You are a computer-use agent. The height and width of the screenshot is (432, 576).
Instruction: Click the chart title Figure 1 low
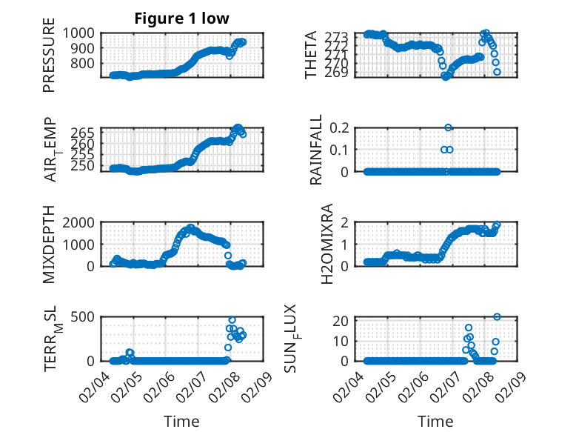[x=181, y=19]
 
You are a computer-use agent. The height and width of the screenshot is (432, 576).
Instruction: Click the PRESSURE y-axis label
[x=49, y=59]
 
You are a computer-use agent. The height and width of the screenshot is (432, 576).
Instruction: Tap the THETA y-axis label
[x=311, y=55]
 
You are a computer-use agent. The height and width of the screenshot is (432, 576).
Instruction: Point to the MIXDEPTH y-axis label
[x=49, y=244]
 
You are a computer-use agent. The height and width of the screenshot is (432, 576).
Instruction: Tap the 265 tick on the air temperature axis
[x=83, y=133]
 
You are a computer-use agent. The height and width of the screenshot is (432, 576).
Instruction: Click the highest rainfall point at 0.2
[x=449, y=127]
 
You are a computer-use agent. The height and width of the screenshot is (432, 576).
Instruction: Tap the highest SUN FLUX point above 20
[x=497, y=317]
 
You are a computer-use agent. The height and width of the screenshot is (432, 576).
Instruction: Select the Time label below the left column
[x=181, y=422]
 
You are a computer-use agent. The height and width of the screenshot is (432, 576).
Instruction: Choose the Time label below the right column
[x=435, y=422]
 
